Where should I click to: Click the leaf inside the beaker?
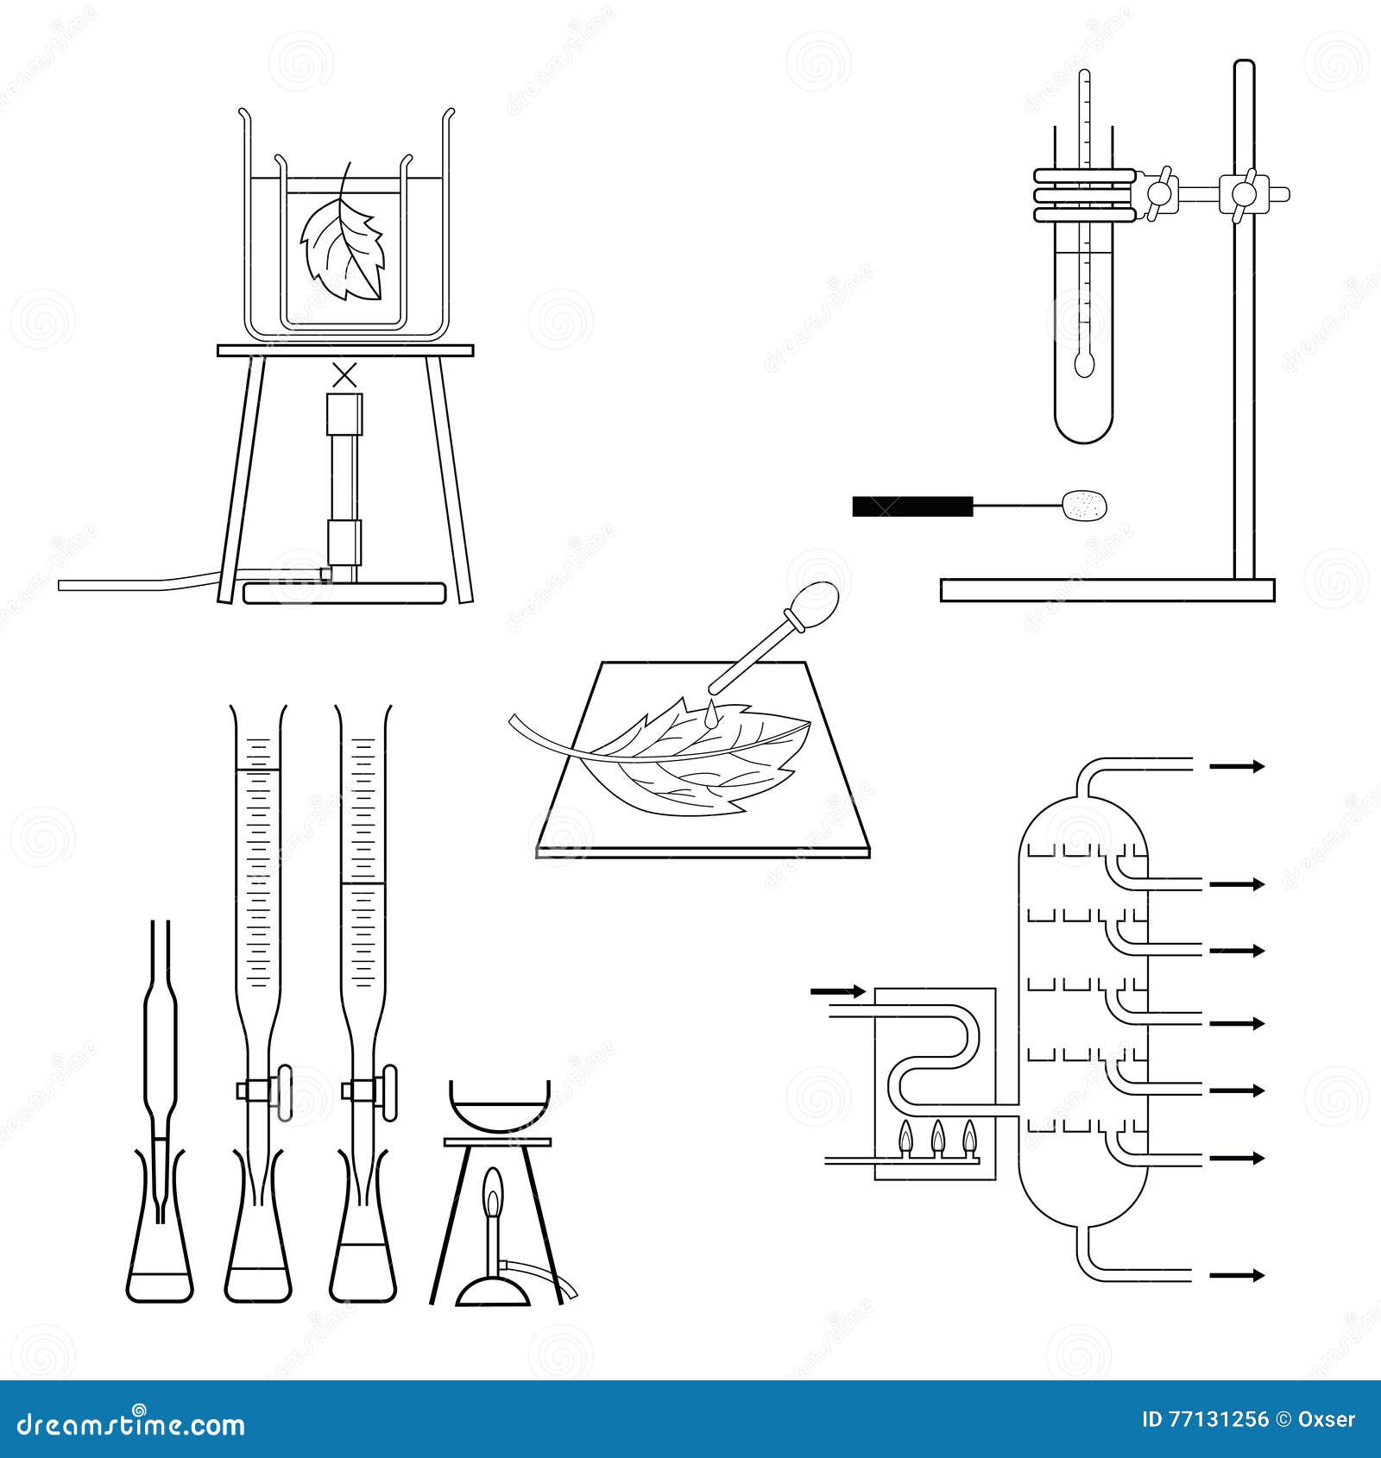(x=343, y=250)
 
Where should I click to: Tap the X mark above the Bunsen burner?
(x=344, y=375)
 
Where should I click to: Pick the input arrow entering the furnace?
(x=837, y=992)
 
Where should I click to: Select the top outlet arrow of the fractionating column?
(x=1236, y=766)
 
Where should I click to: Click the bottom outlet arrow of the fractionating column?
(x=1236, y=1275)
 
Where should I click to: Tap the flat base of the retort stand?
(x=1107, y=591)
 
